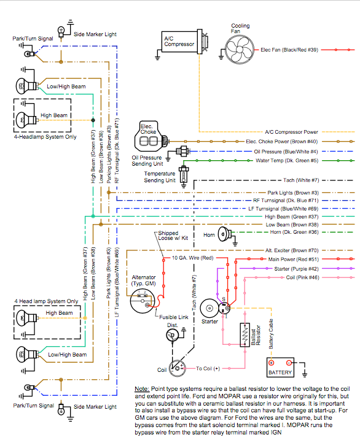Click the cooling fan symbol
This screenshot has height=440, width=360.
[x=240, y=50]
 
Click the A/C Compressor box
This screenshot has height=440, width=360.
[x=180, y=42]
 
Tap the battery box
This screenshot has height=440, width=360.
[x=280, y=367]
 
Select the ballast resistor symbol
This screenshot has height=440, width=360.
[x=245, y=335]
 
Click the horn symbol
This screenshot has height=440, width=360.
[x=225, y=234]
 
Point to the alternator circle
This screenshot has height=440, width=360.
[x=143, y=301]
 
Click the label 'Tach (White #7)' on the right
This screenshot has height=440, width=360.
[x=301, y=180]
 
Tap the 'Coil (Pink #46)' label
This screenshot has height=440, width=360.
[x=302, y=277]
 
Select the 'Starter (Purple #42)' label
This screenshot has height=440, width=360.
[x=296, y=269]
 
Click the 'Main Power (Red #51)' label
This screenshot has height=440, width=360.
[x=294, y=260]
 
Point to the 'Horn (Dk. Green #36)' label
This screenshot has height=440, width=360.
[x=294, y=232]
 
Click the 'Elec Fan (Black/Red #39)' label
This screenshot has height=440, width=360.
[x=289, y=50]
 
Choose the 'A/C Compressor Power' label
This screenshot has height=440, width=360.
[x=291, y=132]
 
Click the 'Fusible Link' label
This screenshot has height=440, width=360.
[x=173, y=317]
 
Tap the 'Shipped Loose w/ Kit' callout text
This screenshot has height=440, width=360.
[x=173, y=236]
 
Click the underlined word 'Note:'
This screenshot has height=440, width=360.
[x=142, y=389]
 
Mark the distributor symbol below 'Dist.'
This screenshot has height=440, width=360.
[x=172, y=335]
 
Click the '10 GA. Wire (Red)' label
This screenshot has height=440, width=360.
[x=193, y=258]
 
